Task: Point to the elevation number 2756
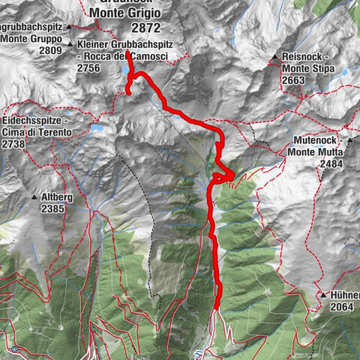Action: coord(89,67)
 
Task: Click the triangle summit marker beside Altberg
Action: coord(34,197)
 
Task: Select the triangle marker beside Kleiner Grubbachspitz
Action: coord(71,45)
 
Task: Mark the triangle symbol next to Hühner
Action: coord(321,295)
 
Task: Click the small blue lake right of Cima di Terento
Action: coord(98,128)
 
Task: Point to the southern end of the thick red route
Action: coord(217,307)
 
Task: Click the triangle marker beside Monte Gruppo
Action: coord(69,28)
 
